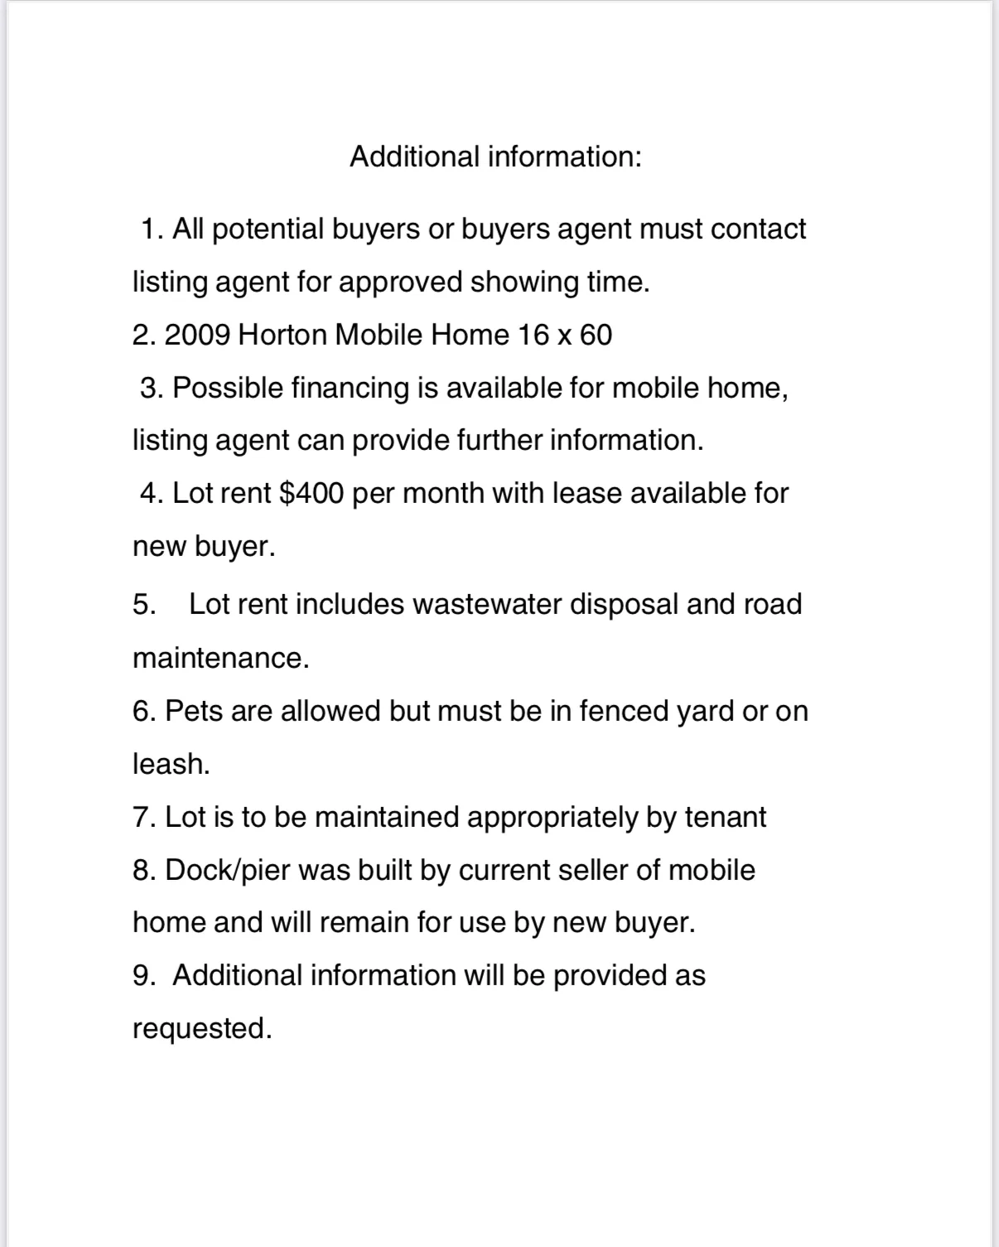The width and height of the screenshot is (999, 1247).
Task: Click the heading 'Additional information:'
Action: tap(495, 156)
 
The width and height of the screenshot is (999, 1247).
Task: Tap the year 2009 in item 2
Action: tap(197, 335)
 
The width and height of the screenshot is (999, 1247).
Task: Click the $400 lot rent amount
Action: tap(311, 493)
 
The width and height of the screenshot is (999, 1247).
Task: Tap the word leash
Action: tap(171, 764)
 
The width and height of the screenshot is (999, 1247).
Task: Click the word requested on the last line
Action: tap(201, 1028)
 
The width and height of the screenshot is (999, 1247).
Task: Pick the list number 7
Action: tap(142, 817)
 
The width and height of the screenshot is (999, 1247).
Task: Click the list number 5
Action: tap(143, 604)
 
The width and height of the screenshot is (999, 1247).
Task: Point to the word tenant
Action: tap(725, 817)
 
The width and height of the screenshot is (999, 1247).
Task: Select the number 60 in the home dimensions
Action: tap(596, 335)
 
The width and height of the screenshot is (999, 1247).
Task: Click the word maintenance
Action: tap(220, 658)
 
